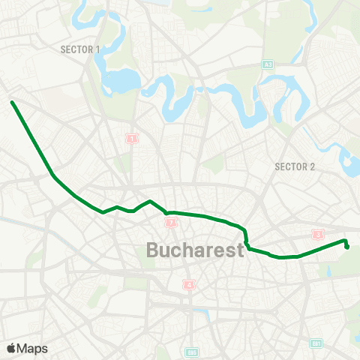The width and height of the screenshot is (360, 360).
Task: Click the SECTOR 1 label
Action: pos(79,49)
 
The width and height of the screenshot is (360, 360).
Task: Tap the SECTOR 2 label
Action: pos(295,166)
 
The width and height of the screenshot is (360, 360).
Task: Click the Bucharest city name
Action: pos(195,250)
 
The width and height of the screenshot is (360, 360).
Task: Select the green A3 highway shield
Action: pos(268,65)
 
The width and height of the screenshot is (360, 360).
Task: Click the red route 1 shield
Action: pos(133,139)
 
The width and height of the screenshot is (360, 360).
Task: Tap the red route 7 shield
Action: pos(172,223)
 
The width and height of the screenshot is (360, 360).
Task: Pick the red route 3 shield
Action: pos(319,235)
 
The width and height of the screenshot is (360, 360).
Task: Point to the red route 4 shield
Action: pos(190,284)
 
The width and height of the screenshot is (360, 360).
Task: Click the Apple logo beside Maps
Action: pos(11,348)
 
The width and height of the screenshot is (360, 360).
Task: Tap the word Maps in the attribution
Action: pos(32,348)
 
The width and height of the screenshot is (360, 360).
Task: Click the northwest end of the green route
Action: pos(13,102)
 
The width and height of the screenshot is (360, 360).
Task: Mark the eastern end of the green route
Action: pos(347,246)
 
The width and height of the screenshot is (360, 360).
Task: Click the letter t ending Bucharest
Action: pos(240,250)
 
